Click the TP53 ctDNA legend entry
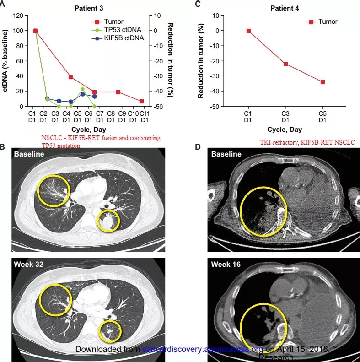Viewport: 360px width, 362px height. [x=124, y=30]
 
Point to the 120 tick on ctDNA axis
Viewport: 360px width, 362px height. [x=18, y=16]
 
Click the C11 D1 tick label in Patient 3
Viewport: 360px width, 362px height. [x=144, y=117]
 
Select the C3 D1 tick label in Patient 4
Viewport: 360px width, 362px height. [x=285, y=117]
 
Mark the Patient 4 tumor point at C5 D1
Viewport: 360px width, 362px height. [x=322, y=82]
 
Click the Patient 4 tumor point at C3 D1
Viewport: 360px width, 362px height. [x=285, y=64]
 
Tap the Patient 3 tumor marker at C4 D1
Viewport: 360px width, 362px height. [x=70, y=77]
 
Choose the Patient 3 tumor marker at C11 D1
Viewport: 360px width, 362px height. [x=141, y=101]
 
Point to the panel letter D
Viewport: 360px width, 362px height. [x=198, y=147]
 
